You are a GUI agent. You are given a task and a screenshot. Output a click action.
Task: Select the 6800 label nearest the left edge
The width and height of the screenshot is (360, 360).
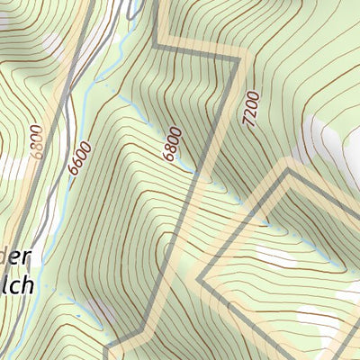tap(37, 142)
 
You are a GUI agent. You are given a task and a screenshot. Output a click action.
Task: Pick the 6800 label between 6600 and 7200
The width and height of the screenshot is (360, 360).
tap(173, 145)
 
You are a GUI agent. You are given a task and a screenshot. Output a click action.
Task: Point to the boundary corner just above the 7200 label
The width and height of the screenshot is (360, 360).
tap(241, 59)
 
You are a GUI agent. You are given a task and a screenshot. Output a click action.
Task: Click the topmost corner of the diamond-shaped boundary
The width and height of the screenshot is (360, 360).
tap(287, 171)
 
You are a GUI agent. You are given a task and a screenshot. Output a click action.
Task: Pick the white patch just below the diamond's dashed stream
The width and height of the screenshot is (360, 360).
tap(274, 258)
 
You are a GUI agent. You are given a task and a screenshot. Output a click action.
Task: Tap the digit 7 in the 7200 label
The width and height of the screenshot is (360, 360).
tap(248, 118)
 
